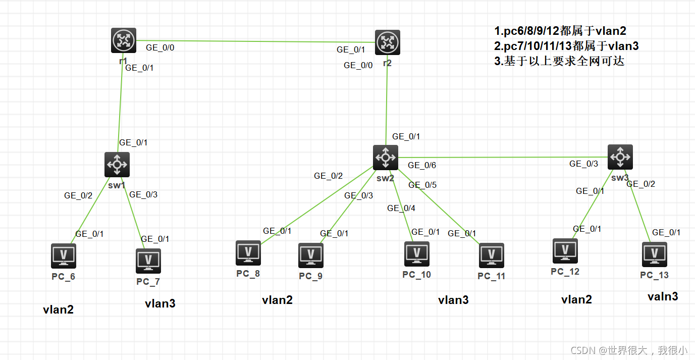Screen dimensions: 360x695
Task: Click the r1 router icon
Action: coord(124,40)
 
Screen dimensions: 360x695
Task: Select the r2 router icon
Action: coord(388,42)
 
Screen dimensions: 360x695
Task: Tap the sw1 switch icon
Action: coord(117,165)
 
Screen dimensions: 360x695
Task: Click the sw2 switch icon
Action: coord(386,158)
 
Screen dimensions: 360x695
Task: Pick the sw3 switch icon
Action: coord(620,157)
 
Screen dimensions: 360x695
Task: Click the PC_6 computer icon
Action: coord(64,256)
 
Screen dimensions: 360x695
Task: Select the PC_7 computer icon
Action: coord(148,261)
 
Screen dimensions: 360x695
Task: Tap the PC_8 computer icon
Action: coord(248,252)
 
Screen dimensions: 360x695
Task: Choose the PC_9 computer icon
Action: coord(311,255)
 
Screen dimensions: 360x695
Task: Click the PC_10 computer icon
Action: coord(417,253)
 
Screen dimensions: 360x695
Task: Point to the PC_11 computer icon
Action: coord(492,255)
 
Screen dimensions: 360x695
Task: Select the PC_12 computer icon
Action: coord(565,251)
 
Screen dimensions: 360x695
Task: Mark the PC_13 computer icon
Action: coord(655,254)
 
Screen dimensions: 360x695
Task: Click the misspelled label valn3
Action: coord(663,296)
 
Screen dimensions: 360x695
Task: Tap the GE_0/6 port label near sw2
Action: coord(422,165)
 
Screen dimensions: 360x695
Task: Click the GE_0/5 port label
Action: coord(422,185)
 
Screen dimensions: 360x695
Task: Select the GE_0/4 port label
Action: coord(401,208)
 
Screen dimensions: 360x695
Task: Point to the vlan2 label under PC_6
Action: coord(59,310)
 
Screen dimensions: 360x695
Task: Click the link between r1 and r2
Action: coord(252,42)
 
